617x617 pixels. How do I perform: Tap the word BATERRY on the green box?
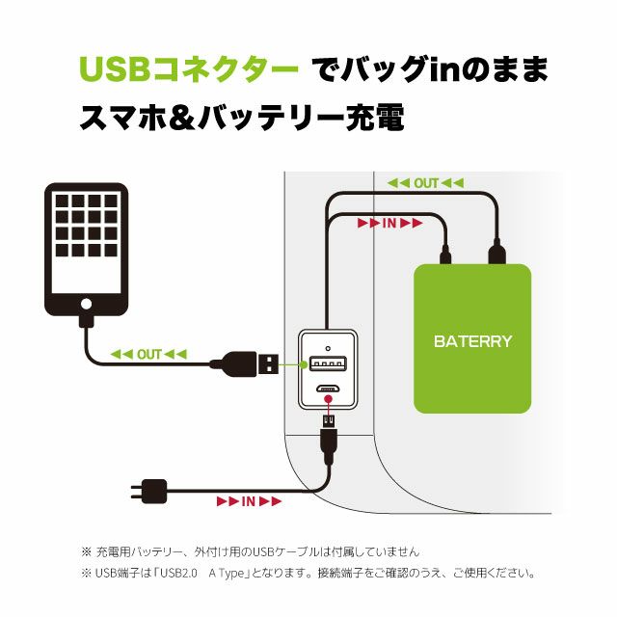pyautogui.click(x=472, y=341)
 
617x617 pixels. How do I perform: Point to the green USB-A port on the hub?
pyautogui.click(x=328, y=364)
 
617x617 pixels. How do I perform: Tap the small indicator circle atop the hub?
pyautogui.click(x=328, y=345)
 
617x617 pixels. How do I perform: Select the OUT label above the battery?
pyautogui.click(x=425, y=183)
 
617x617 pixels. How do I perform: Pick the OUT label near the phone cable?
pyautogui.click(x=149, y=355)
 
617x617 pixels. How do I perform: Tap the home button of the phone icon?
pyautogui.click(x=86, y=303)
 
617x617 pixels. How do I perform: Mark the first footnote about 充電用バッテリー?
pyautogui.click(x=251, y=552)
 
